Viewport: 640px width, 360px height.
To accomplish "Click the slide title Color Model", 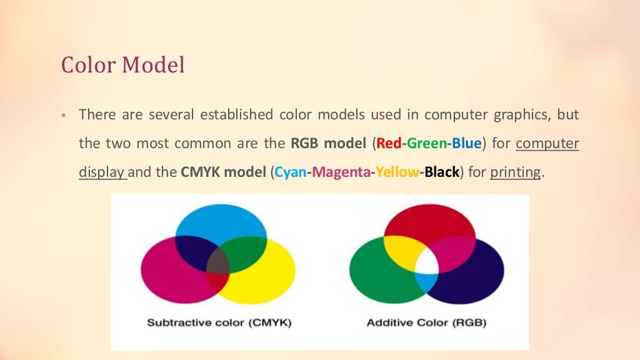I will tap(122, 65).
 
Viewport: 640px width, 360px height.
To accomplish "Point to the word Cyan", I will tap(291, 172).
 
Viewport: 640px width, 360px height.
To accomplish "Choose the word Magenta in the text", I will tap(341, 172).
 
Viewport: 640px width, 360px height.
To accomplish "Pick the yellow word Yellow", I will tap(396, 172).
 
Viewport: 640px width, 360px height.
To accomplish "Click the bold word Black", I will tap(442, 172).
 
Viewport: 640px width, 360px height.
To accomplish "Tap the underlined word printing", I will tap(515, 172).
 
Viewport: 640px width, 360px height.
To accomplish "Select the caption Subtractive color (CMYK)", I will tap(219, 323).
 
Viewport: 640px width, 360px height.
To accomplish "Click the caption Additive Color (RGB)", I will tap(426, 323).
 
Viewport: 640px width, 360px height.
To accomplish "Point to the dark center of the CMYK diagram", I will tap(218, 261).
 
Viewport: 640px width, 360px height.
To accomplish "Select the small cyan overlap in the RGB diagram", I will tap(427, 282).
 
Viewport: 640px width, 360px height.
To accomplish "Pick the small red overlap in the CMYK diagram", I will tap(218, 282).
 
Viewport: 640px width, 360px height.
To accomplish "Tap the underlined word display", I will tap(102, 172).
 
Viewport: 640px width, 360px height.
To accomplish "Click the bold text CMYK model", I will tap(224, 172).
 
